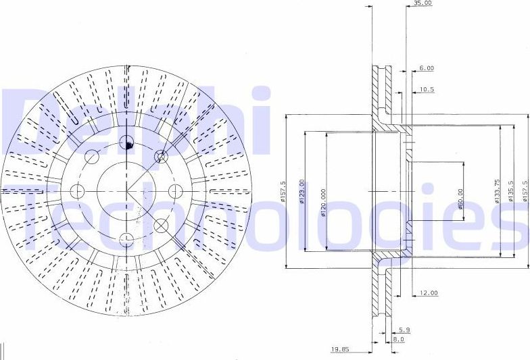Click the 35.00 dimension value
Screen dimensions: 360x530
pos(423,3)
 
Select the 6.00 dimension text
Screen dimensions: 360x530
pos(426,68)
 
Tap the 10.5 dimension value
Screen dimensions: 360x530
pos(427,89)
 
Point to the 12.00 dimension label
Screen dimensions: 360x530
pos(429,293)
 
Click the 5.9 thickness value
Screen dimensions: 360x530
pos(404,330)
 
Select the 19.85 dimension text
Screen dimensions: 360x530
pos(341,350)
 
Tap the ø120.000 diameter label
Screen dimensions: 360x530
pos(324,203)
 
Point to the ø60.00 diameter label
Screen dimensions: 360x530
pos(460,199)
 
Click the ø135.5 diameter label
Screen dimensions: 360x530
pos(511,191)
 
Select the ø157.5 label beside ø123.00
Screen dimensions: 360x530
pos(283,191)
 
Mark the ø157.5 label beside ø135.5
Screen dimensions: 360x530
pos(525,191)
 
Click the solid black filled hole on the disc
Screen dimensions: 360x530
pos(128,143)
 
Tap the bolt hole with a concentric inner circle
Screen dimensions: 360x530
pos(161,157)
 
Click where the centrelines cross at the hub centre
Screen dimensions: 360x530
pos(126,191)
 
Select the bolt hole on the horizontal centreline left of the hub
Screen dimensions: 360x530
pos(77,192)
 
